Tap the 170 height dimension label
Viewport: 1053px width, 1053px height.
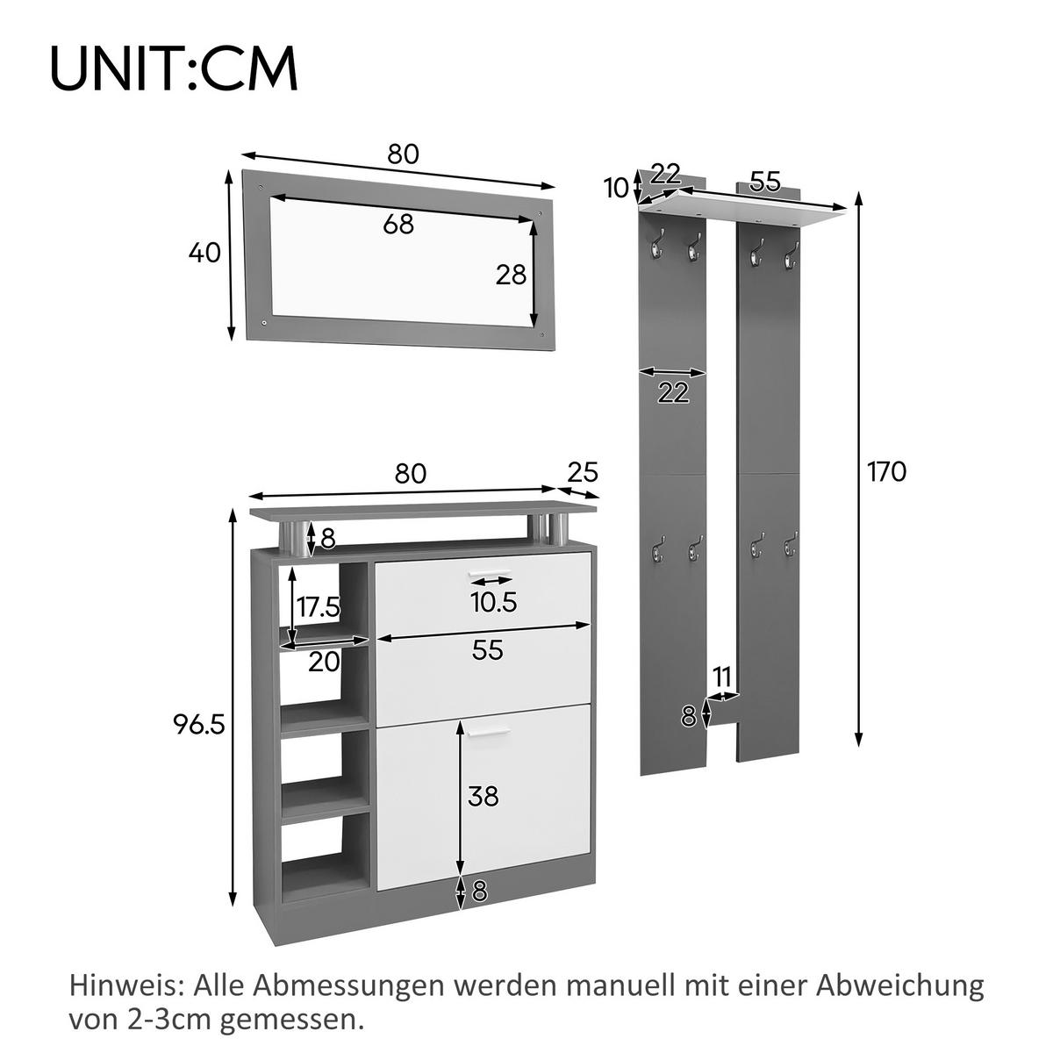click(886, 472)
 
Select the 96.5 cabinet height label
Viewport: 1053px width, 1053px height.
click(200, 724)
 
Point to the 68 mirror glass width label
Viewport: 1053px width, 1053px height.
click(398, 224)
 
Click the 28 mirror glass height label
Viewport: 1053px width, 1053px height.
click(511, 275)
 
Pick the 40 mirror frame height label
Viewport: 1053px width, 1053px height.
click(204, 253)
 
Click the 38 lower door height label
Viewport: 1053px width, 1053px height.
click(483, 796)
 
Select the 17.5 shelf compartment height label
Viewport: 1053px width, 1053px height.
click(318, 605)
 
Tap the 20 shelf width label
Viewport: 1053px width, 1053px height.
click(324, 662)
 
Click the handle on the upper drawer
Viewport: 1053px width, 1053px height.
click(490, 575)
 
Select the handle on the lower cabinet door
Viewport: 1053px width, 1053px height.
click(487, 730)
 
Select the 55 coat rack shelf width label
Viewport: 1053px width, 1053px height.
click(765, 182)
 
